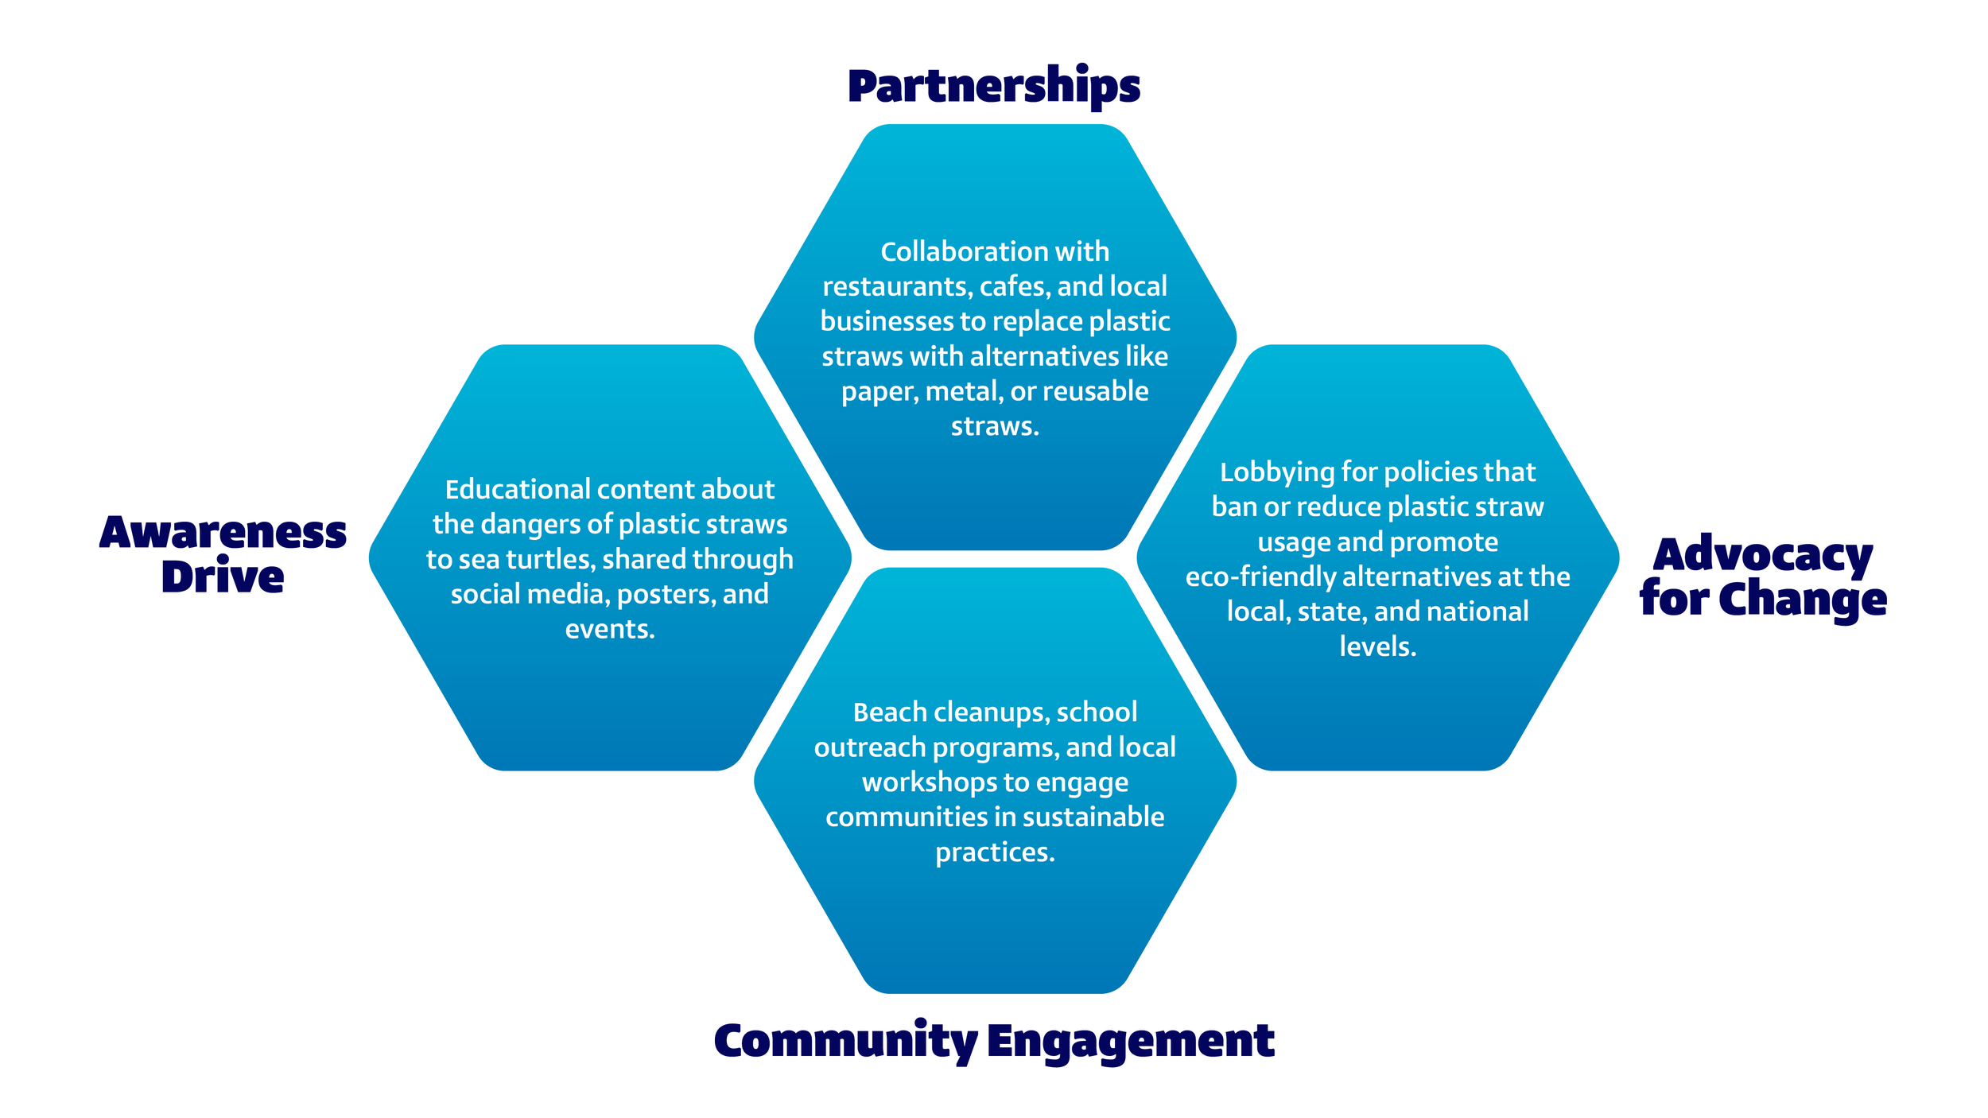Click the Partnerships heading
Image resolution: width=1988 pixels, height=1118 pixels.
click(994, 86)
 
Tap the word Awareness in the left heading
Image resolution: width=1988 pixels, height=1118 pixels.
click(223, 532)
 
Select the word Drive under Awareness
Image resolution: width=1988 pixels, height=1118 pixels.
click(223, 576)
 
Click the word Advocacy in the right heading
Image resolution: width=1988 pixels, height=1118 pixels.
click(1763, 554)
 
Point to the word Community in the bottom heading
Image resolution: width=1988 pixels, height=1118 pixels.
click(845, 1041)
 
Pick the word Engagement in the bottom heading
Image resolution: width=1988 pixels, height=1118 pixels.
click(1131, 1041)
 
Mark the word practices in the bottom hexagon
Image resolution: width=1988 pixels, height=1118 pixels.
click(994, 852)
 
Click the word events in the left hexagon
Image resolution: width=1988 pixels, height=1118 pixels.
click(609, 629)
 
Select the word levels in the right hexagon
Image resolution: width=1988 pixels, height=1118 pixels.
click(1377, 646)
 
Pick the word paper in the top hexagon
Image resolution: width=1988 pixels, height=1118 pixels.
click(879, 391)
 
